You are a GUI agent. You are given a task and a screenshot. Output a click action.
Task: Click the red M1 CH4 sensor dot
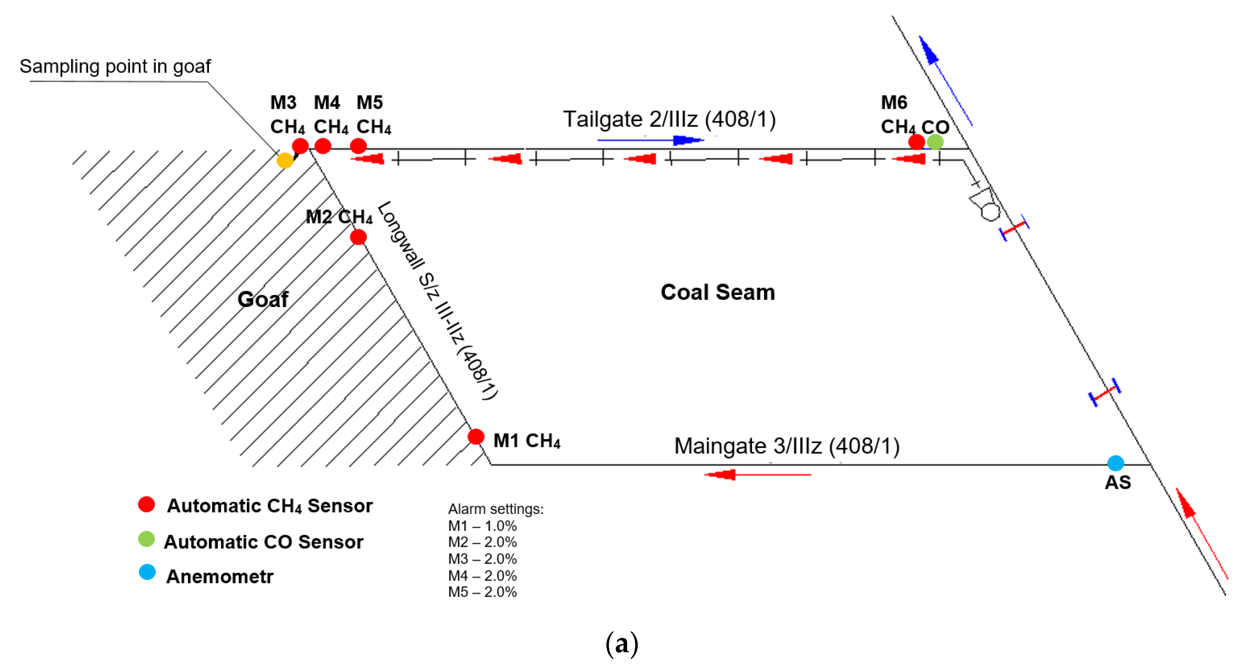476,436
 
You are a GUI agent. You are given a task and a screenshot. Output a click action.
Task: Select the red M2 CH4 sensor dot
358,237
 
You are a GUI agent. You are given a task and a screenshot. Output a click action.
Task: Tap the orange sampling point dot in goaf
285,160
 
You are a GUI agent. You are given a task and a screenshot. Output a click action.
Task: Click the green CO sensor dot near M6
935,142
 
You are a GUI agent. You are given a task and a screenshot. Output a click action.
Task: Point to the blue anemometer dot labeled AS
1116,463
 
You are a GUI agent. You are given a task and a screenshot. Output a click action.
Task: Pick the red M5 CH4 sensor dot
358,145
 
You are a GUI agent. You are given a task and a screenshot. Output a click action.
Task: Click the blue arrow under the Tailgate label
650,140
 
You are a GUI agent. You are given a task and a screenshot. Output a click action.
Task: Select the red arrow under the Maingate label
757,475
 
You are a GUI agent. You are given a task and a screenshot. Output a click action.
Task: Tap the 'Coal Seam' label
718,292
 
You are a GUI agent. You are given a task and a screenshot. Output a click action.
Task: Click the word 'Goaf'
263,300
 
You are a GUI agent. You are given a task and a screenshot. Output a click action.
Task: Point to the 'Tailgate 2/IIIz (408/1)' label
669,119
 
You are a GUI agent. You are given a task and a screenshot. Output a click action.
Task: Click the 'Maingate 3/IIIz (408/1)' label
786,446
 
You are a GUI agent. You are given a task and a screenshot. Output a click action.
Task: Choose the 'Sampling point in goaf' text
115,66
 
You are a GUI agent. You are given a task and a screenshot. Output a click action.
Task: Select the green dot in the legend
146,539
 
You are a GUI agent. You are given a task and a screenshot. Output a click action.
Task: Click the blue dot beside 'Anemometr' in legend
147,572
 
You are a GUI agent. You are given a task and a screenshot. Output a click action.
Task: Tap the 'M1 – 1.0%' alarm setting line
482,526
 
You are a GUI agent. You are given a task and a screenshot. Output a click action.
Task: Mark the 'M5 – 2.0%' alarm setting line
482,592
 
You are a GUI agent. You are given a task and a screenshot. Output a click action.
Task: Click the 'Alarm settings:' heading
496,509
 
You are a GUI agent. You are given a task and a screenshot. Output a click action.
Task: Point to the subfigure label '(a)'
622,644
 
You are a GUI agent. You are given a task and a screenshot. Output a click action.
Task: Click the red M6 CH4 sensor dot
916,142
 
